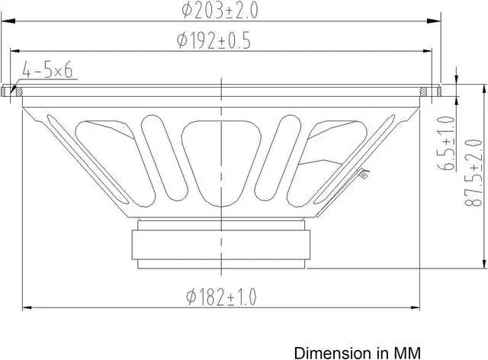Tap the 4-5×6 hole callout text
click(x=47, y=71)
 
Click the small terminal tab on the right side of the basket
click(x=364, y=174)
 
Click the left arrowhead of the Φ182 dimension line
click(x=24, y=308)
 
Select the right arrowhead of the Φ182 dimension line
click(x=419, y=308)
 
